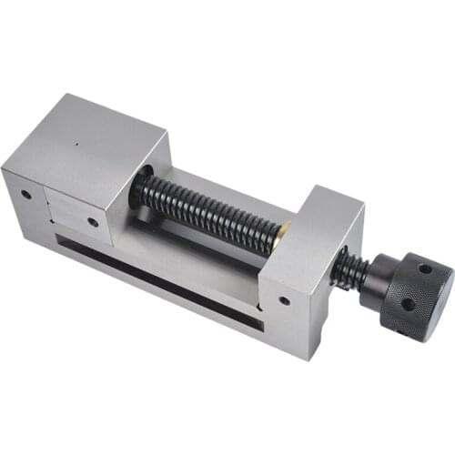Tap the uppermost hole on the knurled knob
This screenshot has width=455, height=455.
(x=424, y=269)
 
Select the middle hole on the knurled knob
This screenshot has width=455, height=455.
(x=406, y=304)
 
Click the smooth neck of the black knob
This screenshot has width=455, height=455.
(x=371, y=283)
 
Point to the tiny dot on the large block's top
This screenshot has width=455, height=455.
(x=78, y=141)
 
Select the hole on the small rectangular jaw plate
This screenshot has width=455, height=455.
(x=93, y=221)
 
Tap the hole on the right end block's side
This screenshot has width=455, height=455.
(x=285, y=300)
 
